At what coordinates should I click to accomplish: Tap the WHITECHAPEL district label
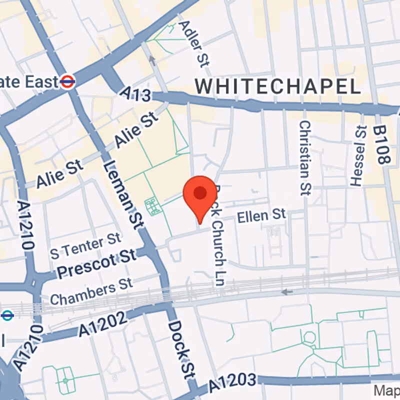click(x=278, y=86)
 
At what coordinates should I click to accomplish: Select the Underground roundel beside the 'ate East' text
click(x=67, y=81)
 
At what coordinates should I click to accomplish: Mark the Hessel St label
click(x=357, y=155)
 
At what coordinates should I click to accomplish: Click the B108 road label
click(x=381, y=145)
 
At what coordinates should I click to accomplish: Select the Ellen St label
click(x=261, y=216)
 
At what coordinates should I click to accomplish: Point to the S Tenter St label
click(x=85, y=245)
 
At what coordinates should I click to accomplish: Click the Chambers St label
click(x=91, y=292)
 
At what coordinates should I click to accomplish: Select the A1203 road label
click(x=233, y=382)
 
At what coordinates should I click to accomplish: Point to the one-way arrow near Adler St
click(x=151, y=60)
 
